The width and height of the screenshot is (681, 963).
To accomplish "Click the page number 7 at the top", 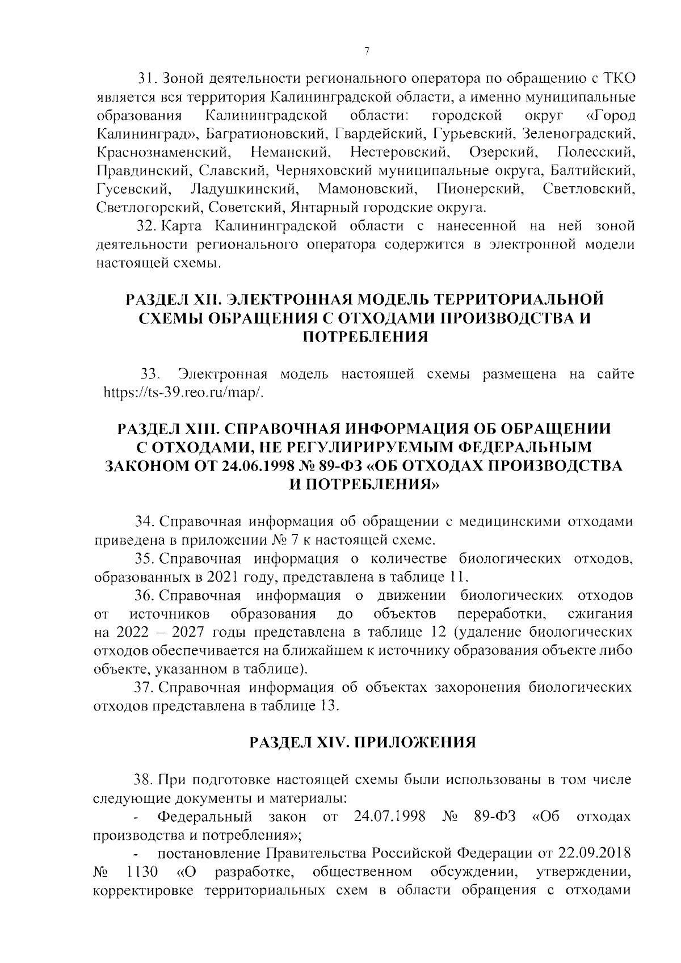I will pos(367,52).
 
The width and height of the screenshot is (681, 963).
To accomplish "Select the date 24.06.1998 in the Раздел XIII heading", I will pos(259,466).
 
